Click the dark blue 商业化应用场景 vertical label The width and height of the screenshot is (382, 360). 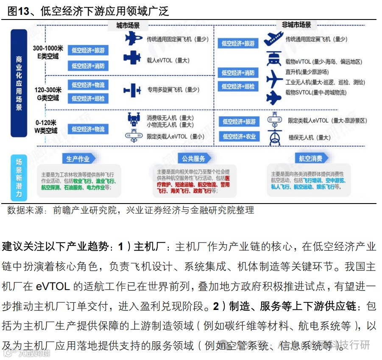[19, 83]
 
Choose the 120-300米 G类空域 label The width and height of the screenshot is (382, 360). [47, 94]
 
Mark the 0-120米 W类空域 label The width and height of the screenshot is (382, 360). [46, 126]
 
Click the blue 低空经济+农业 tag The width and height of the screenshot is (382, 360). [239, 137]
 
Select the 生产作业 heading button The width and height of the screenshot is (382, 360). [78, 159]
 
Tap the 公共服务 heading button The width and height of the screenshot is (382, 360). [193, 159]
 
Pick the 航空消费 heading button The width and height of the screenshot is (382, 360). [310, 159]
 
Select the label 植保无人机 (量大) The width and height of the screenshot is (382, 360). [309, 137]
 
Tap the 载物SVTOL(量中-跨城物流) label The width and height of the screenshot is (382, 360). [315, 92]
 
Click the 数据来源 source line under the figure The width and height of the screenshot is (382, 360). [131, 210]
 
